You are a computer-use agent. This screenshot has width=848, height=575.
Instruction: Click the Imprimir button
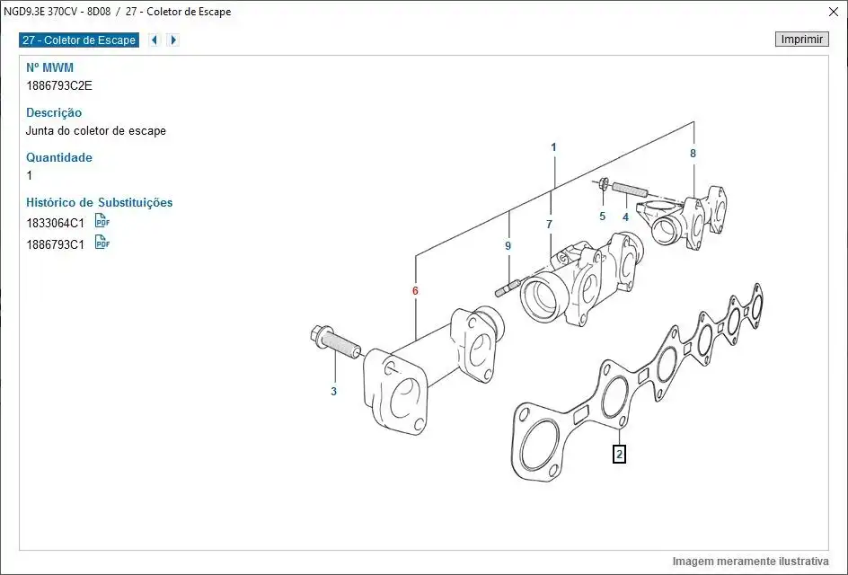pyautogui.click(x=801, y=40)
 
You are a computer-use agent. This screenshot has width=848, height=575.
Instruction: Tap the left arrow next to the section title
pyautogui.click(x=155, y=40)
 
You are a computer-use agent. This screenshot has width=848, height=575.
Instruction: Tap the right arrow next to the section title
pyautogui.click(x=173, y=40)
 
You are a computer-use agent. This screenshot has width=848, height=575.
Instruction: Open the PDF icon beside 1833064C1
pyautogui.click(x=102, y=222)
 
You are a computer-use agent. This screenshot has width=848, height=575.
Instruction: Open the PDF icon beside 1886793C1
pyautogui.click(x=102, y=243)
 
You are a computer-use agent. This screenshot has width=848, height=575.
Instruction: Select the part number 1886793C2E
pyautogui.click(x=59, y=85)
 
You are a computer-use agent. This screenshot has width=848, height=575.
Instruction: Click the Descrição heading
pyautogui.click(x=54, y=112)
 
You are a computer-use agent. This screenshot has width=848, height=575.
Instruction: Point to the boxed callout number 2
pyautogui.click(x=618, y=454)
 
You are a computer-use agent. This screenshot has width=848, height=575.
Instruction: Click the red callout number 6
pyautogui.click(x=415, y=291)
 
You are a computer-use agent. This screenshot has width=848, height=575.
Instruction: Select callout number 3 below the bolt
pyautogui.click(x=333, y=391)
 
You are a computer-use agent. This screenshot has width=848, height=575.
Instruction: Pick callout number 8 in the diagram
pyautogui.click(x=693, y=154)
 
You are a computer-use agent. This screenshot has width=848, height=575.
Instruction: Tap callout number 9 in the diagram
pyautogui.click(x=508, y=245)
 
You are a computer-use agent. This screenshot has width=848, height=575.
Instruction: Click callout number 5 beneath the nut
pyautogui.click(x=603, y=217)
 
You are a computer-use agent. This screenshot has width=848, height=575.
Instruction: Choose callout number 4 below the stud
pyautogui.click(x=625, y=217)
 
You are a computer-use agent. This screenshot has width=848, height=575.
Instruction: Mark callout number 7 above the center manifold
pyautogui.click(x=549, y=224)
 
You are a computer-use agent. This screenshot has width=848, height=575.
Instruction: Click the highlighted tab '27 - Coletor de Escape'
pyautogui.click(x=79, y=40)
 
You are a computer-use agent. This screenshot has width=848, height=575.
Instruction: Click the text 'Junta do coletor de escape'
pyautogui.click(x=96, y=130)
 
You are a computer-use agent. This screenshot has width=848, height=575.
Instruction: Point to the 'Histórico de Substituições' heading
pyautogui.click(x=99, y=202)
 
